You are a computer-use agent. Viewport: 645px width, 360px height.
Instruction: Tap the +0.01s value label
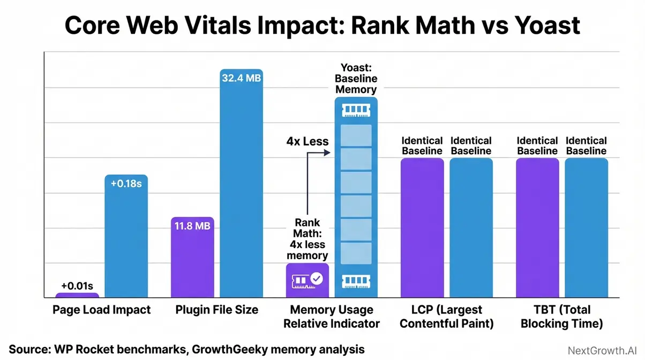point(77,286)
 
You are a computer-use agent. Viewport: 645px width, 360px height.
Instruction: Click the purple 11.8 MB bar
point(192,260)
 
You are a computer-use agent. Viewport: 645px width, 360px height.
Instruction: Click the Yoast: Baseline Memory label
point(356,79)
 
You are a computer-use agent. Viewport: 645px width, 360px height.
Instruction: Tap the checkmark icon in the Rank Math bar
point(317,279)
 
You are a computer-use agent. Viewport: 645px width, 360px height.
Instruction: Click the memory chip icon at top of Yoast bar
point(356,110)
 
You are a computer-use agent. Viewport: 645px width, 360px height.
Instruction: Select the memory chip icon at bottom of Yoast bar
point(356,280)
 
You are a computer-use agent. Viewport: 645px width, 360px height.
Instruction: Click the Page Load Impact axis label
point(102,310)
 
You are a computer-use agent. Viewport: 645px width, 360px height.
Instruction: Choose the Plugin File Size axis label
point(217,310)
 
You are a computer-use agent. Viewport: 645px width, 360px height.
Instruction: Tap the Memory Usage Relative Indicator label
point(332,317)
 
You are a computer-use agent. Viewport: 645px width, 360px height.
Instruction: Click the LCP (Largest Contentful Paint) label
point(447,317)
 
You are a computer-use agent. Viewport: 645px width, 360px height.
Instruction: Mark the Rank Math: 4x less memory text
point(307,239)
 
